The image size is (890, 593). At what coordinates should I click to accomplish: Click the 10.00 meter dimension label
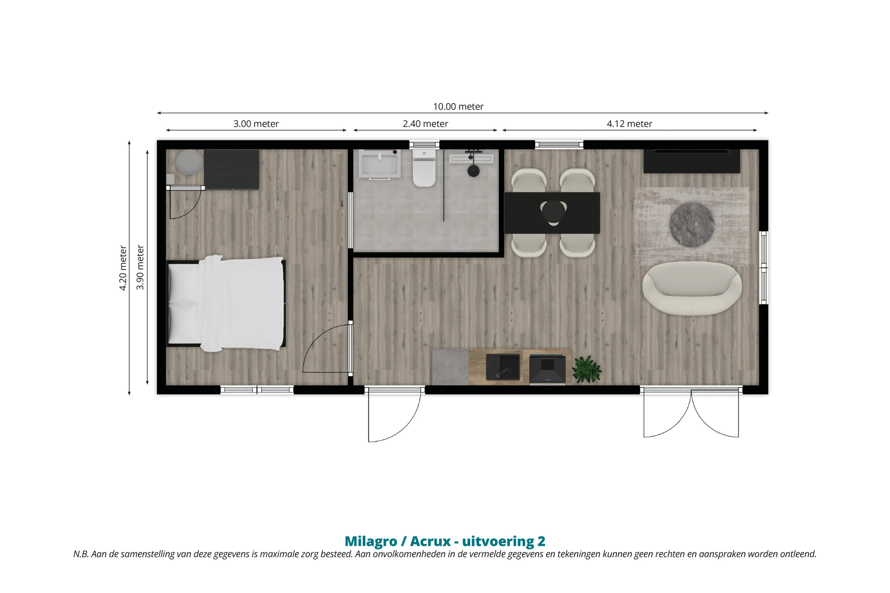pyautogui.click(x=458, y=107)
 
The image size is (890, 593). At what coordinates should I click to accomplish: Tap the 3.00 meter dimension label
pyautogui.click(x=256, y=124)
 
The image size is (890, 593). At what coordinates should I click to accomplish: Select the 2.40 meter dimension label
pyautogui.click(x=425, y=124)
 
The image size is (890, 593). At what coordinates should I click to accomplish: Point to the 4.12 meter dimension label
pyautogui.click(x=629, y=124)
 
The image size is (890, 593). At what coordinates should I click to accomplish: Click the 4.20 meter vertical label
pyautogui.click(x=123, y=268)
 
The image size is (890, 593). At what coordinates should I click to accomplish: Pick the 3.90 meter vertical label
pyautogui.click(x=140, y=267)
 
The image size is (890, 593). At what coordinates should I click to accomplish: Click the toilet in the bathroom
pyautogui.click(x=424, y=168)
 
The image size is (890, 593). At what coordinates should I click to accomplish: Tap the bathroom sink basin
pyautogui.click(x=380, y=164)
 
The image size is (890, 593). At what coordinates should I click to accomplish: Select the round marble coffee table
pyautogui.click(x=691, y=225)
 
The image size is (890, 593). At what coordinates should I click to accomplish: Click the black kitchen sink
pyautogui.click(x=503, y=367)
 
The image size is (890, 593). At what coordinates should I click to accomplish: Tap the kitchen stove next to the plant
pyautogui.click(x=547, y=369)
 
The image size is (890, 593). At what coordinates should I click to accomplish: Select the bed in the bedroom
pyautogui.click(x=226, y=303)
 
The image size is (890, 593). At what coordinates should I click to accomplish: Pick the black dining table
pyautogui.click(x=552, y=213)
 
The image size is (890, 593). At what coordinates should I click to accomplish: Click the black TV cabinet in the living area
pyautogui.click(x=692, y=161)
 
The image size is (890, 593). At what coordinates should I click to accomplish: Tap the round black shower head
pyautogui.click(x=474, y=171)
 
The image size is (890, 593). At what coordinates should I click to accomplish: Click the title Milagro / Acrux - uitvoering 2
pyautogui.click(x=445, y=541)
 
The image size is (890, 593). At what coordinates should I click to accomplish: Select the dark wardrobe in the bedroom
pyautogui.click(x=232, y=170)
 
